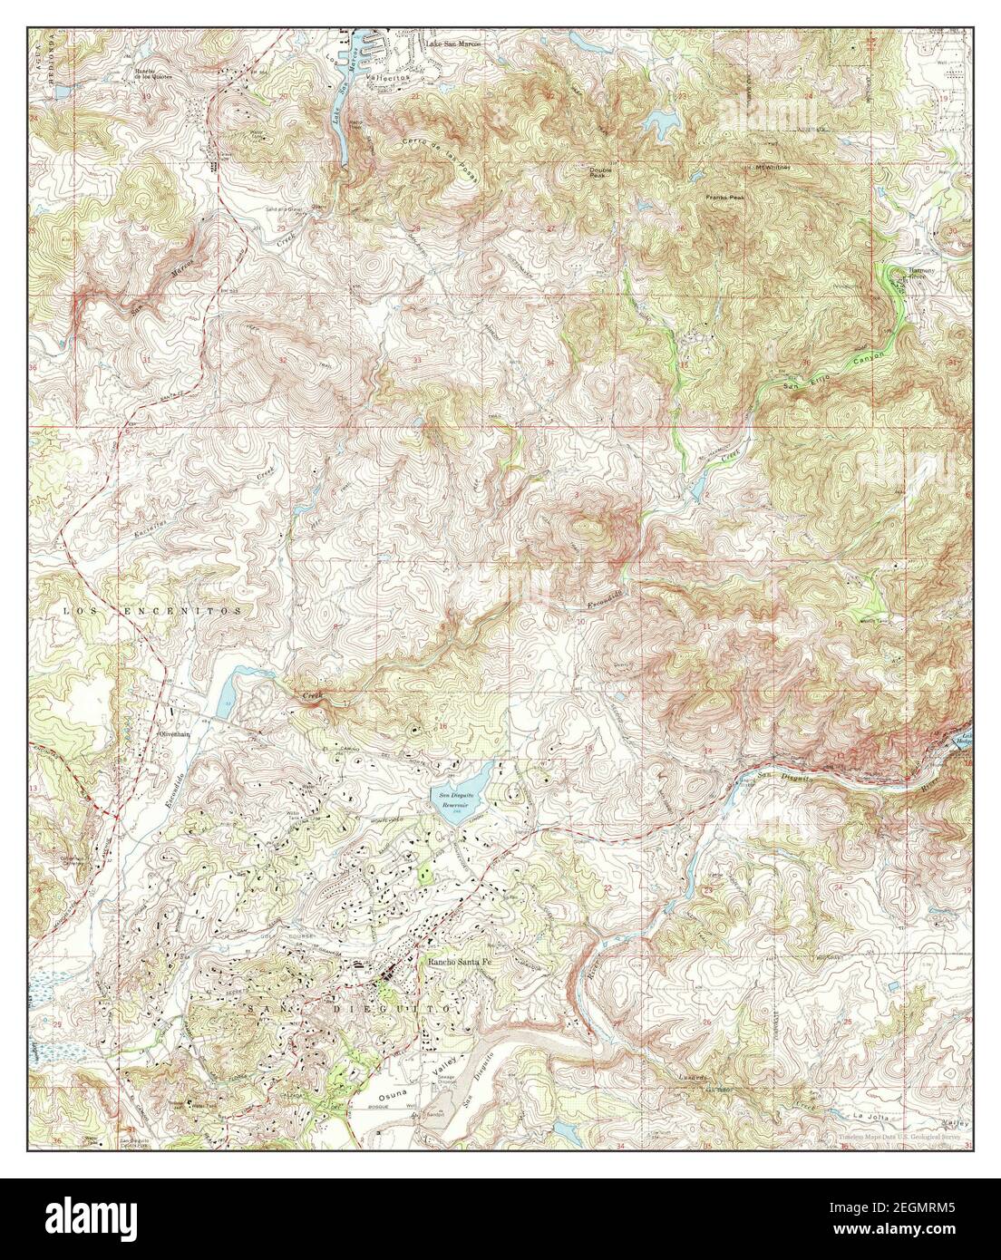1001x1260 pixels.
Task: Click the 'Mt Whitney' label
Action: (773, 168)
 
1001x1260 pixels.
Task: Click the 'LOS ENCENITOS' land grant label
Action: (152, 612)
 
